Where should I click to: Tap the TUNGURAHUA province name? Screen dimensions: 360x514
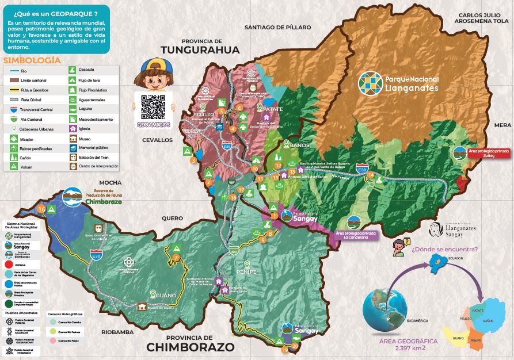tap(200, 51)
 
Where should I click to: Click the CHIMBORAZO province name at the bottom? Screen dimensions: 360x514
tap(190, 347)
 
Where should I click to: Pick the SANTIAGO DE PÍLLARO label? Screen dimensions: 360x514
tap(277, 27)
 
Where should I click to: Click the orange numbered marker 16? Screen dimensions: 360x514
tap(41, 208)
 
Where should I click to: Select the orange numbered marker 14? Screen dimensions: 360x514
tap(371, 174)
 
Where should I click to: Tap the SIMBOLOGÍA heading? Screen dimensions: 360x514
tap(32, 60)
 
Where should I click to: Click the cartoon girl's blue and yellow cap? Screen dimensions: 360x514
tap(153, 63)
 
